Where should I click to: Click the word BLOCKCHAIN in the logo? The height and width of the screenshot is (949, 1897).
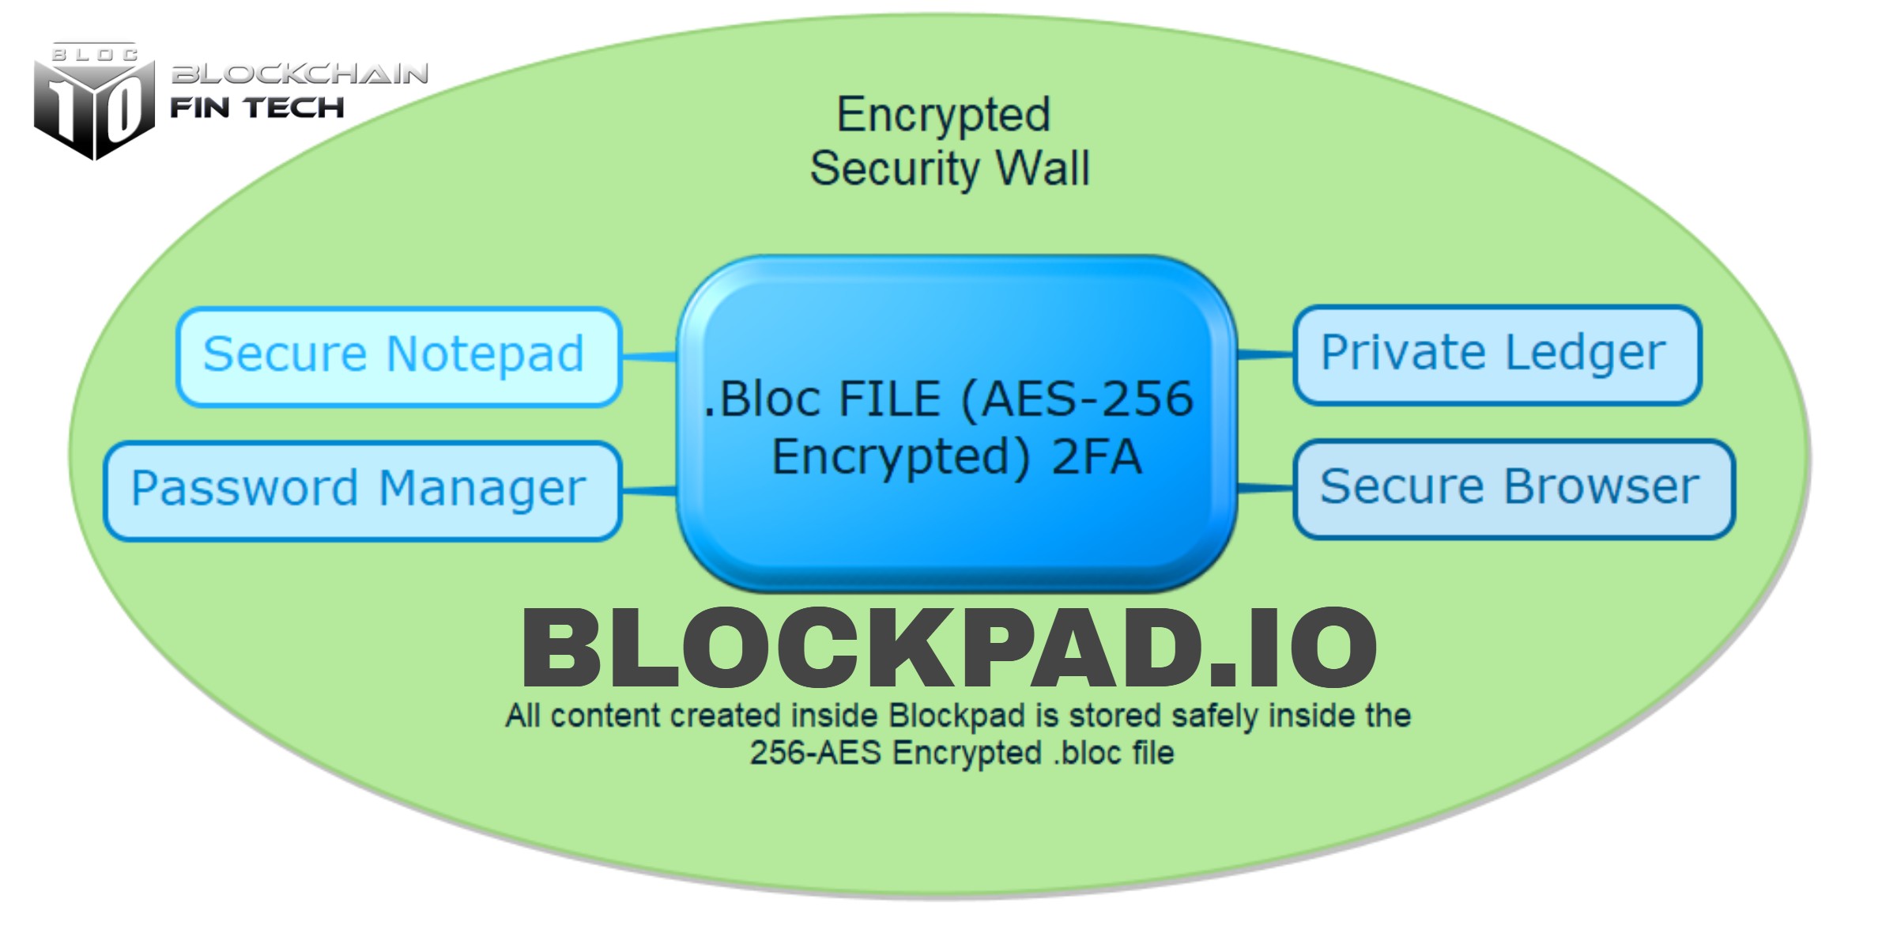(x=300, y=74)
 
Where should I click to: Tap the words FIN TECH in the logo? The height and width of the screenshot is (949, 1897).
(x=258, y=108)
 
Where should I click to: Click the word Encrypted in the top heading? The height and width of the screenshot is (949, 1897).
(x=944, y=115)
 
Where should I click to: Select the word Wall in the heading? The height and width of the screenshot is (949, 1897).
(x=1043, y=168)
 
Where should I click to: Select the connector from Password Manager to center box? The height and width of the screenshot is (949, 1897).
(x=649, y=491)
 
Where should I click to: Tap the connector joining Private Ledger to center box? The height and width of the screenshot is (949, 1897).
(x=1265, y=355)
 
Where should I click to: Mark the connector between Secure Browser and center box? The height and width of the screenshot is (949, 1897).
(x=1265, y=489)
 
